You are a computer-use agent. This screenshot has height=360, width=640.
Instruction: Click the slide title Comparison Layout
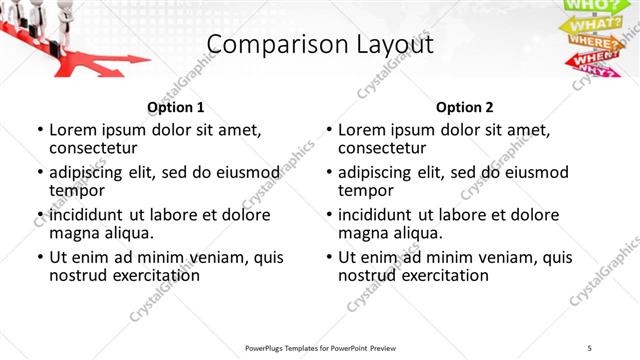[x=320, y=45]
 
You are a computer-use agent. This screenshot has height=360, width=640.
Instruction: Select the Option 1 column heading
[x=176, y=107]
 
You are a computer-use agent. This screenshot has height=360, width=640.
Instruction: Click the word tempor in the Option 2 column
[x=363, y=190]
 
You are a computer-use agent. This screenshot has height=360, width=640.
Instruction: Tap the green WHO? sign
[x=590, y=6]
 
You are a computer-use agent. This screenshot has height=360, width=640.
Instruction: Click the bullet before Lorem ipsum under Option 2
[x=328, y=130]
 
